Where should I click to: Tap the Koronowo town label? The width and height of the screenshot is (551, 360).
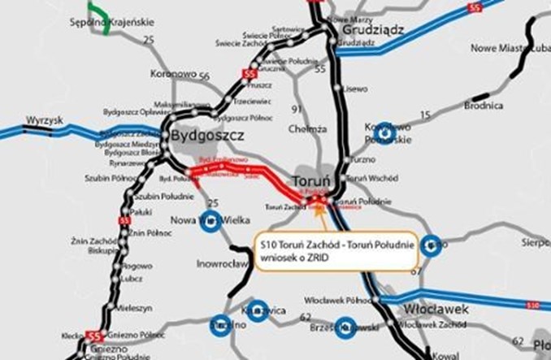tap(174, 74)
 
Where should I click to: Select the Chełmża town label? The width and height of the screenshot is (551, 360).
tap(307, 128)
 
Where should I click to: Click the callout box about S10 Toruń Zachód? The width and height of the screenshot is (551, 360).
tap(336, 250)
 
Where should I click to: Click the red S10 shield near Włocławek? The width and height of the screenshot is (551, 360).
tap(531, 305)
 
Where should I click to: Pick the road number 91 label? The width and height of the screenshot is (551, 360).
tap(296, 107)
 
